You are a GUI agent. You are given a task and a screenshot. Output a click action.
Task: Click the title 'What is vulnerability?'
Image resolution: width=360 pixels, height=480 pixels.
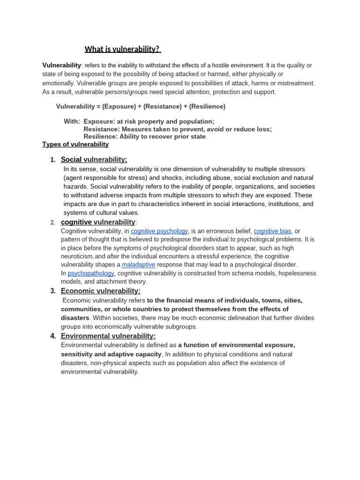tap(123, 49)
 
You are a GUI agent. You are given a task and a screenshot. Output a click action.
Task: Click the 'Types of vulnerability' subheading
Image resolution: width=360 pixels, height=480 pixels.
tap(75, 144)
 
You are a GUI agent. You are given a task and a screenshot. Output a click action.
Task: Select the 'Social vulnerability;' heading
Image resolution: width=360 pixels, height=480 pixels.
tap(94, 160)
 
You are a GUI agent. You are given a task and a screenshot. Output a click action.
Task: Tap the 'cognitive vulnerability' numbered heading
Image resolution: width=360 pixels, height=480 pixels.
tap(98, 222)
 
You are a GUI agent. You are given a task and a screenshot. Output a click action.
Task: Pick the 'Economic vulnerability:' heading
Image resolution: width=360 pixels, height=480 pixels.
tap(101, 291)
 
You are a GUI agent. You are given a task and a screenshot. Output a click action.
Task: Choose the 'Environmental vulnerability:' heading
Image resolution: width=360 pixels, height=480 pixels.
tap(108, 336)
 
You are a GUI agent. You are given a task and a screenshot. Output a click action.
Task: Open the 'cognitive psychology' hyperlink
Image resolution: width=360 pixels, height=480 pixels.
tap(159, 231)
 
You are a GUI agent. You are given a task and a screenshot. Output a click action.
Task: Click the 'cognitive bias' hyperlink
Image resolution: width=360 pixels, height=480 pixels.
tap(273, 231)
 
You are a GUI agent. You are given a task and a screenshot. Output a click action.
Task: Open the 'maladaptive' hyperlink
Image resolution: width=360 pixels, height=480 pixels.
tap(138, 265)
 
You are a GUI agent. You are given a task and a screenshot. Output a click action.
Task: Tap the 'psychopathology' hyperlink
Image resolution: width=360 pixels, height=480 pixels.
tap(91, 273)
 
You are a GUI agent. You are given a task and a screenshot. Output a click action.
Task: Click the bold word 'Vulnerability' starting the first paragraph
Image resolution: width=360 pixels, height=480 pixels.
tap(62, 65)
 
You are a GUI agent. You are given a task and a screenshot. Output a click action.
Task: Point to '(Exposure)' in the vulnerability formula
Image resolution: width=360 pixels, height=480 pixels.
tap(120, 106)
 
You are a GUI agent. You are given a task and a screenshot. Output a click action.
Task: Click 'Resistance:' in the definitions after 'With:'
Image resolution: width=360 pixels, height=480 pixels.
tap(101, 129)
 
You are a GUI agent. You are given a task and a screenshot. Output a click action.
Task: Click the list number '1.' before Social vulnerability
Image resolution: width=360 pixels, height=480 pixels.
tap(53, 160)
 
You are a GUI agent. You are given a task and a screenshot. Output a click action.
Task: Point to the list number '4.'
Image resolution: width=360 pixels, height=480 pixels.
tap(53, 336)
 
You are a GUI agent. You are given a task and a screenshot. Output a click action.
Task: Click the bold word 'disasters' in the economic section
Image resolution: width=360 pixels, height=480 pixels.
tap(75, 318)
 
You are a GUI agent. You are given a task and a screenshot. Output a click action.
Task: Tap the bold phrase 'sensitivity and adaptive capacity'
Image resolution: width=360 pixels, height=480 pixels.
tap(111, 354)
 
